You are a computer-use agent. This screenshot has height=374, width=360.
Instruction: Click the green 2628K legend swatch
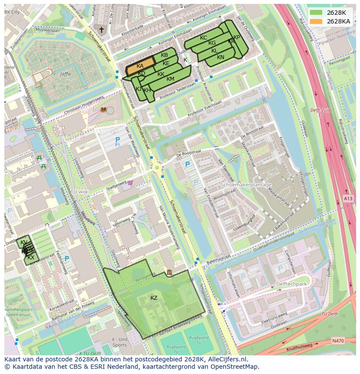(x=316, y=13)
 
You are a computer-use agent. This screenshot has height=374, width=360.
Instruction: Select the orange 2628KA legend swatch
(x=316, y=21)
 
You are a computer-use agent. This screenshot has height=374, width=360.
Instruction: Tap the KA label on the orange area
(x=140, y=66)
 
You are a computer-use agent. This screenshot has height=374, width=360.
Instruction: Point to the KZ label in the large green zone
(x=154, y=298)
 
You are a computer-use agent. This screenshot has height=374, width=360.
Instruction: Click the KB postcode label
(x=164, y=55)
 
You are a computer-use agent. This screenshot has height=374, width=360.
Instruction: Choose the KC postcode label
(x=203, y=38)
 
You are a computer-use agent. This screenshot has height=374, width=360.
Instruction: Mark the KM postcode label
(x=170, y=79)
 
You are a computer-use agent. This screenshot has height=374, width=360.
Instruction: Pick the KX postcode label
(x=31, y=258)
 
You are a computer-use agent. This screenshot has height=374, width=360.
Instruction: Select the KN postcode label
(x=220, y=57)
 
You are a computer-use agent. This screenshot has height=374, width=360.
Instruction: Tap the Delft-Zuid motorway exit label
(x=321, y=110)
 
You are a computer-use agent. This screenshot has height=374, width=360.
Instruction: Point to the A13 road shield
(x=348, y=199)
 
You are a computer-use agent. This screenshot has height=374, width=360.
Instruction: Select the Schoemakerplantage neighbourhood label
(x=246, y=185)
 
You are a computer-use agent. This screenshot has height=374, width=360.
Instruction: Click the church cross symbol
(x=102, y=30)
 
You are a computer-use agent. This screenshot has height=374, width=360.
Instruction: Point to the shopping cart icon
(x=130, y=182)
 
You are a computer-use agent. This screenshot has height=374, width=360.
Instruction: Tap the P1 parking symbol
(x=117, y=141)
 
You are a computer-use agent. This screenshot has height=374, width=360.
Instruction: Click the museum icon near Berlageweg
(x=169, y=272)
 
